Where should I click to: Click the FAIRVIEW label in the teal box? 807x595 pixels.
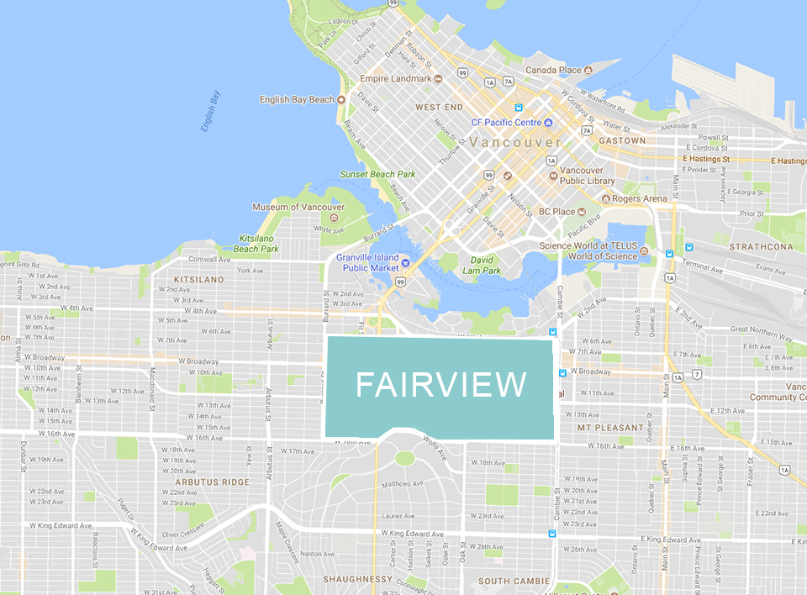tap(440, 385)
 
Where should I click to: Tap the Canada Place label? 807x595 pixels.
tap(553, 70)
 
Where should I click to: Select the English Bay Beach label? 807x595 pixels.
tap(297, 100)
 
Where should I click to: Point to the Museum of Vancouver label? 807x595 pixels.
tap(298, 207)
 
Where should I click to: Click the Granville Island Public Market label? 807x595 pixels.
tap(367, 262)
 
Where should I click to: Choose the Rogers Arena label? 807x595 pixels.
tap(641, 198)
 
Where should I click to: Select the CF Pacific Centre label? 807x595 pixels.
tap(505, 123)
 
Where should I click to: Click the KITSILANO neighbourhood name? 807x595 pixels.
tap(199, 279)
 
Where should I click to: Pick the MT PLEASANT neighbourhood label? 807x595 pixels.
tap(610, 428)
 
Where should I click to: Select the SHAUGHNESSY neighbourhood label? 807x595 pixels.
tap(358, 579)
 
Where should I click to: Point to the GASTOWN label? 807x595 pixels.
tap(623, 140)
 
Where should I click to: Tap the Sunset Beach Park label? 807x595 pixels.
tap(377, 175)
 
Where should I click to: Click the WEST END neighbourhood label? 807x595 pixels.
tap(439, 108)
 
